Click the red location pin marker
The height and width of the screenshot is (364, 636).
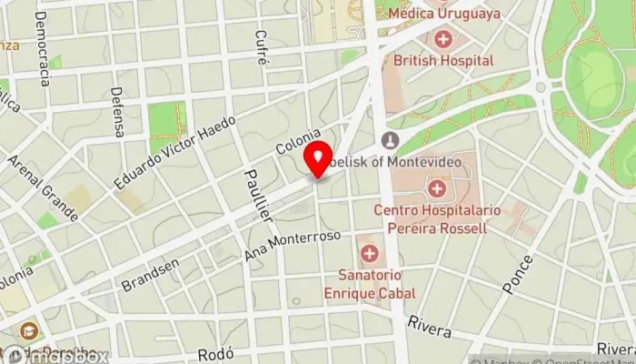click(x=318, y=160)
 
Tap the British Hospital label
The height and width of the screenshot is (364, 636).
click(x=443, y=60)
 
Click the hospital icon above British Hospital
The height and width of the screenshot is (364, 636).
click(x=443, y=39)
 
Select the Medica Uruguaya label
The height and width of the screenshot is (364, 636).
click(x=443, y=14)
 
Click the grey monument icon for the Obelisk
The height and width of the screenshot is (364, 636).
click(x=390, y=140)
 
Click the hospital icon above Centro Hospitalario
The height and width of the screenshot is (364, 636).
click(x=437, y=189)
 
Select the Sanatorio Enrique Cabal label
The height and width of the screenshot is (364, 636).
click(x=370, y=285)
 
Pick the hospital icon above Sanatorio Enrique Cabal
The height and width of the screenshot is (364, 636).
click(x=369, y=252)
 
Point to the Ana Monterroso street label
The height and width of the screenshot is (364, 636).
click(x=292, y=245)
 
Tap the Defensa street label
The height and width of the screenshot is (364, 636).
click(x=116, y=111)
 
